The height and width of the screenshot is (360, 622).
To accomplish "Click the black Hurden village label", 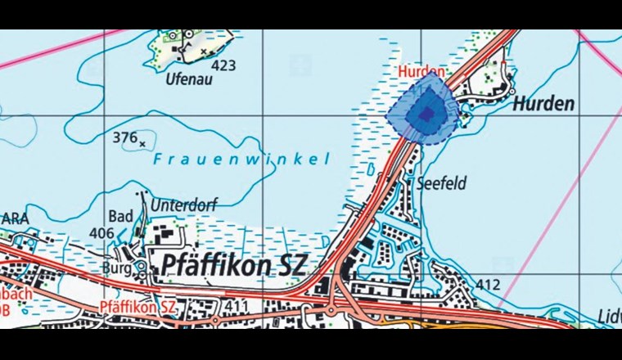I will point(544,104).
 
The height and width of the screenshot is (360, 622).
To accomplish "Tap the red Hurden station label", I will point(421,72).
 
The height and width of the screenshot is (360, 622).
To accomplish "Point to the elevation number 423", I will point(223,64).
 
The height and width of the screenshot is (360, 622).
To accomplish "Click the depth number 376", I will point(124,137).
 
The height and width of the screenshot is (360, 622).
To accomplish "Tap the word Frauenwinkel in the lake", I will point(241,160).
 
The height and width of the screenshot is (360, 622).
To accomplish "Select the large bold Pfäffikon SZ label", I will point(233,265).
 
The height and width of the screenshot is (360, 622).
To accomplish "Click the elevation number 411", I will point(237,306).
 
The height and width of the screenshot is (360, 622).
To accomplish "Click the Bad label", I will point(120,216).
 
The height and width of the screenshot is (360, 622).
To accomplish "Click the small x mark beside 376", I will point(143,144).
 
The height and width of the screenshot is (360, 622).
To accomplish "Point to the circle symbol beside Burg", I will point(141,267).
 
